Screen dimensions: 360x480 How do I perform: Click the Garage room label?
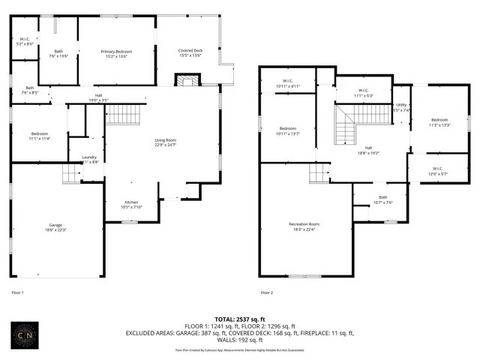55,227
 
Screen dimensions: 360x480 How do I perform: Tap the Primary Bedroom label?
115,53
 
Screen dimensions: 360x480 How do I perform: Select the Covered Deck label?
190,52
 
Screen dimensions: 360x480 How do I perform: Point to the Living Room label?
165,142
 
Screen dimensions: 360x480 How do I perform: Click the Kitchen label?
131,205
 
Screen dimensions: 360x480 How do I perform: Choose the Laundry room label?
88,159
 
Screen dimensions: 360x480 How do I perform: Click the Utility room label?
401,107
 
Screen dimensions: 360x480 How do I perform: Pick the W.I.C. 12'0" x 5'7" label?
437,170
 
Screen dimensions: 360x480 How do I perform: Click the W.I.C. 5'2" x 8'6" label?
25,42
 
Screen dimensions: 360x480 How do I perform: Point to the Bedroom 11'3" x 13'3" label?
439,122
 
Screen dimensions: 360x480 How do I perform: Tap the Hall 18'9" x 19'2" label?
368,150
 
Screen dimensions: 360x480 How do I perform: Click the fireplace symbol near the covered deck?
184,80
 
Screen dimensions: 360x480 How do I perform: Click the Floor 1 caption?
17,292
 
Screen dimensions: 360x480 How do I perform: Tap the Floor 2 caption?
266,292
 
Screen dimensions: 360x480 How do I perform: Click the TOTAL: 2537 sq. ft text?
239,319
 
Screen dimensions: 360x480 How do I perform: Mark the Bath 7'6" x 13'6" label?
58,53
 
